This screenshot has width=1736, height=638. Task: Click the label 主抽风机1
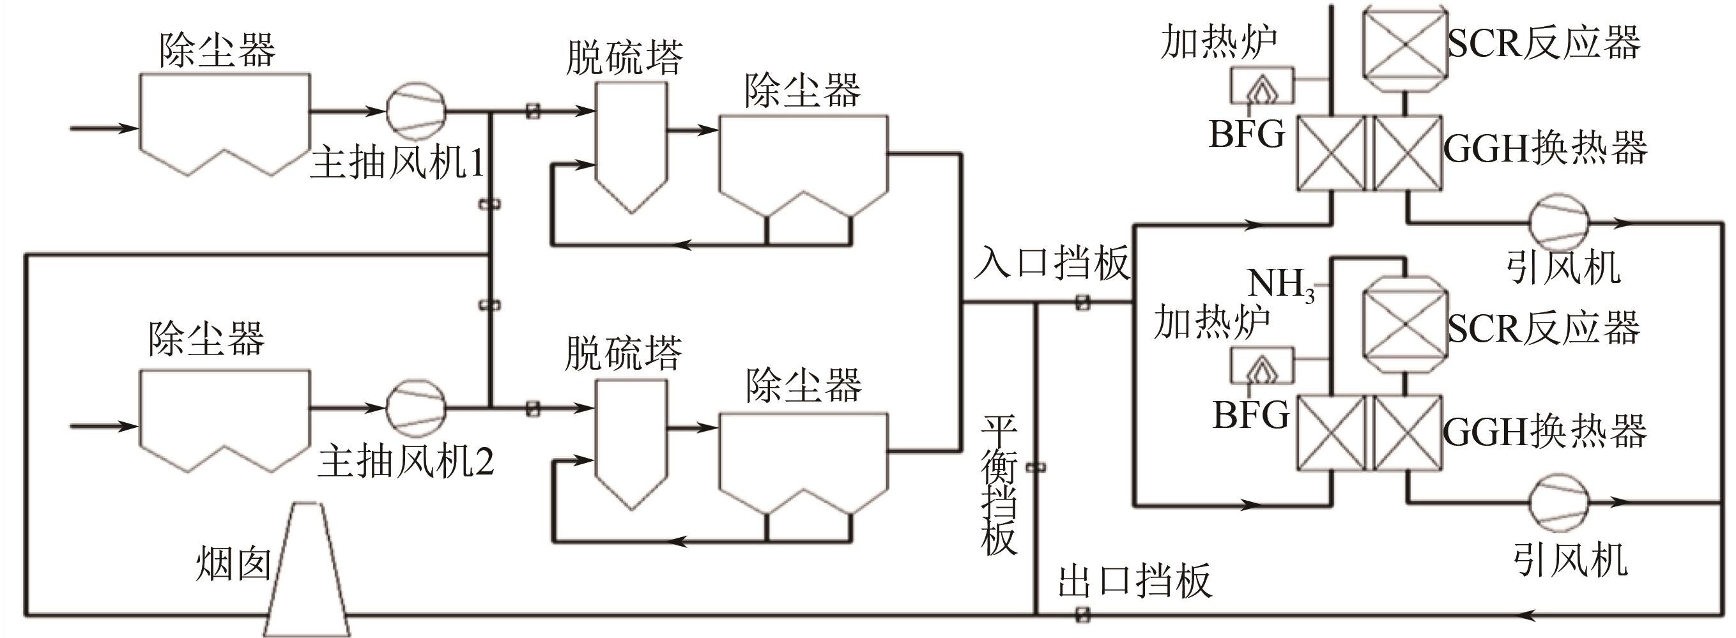(396, 163)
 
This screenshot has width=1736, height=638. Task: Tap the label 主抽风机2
(406, 462)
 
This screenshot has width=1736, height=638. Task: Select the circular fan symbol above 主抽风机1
(416, 110)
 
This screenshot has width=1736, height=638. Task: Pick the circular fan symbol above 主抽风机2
(416, 407)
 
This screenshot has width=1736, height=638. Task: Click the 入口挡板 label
(1051, 262)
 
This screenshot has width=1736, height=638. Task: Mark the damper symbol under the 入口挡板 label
(1082, 303)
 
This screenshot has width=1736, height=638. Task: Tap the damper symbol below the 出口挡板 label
(1082, 614)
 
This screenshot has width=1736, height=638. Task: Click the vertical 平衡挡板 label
(999, 485)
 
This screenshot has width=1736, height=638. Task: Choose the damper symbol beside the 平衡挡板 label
(1035, 467)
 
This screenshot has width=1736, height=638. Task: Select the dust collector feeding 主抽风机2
(224, 420)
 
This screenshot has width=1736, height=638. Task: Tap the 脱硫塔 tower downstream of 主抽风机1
(631, 145)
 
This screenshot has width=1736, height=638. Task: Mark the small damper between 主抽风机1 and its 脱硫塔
(532, 110)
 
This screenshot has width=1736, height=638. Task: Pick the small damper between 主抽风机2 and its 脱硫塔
(532, 407)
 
